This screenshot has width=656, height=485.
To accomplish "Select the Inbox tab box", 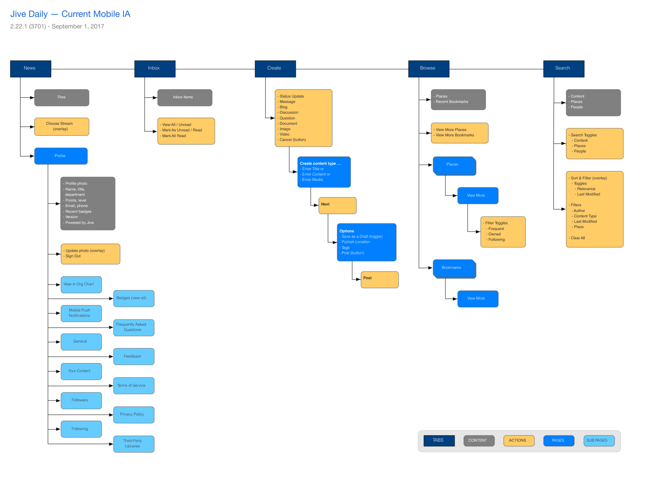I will (155, 69).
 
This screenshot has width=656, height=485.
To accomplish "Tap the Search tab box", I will (564, 69).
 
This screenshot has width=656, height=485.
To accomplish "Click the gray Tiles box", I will (61, 98).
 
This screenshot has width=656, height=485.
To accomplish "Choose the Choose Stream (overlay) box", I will (61, 126).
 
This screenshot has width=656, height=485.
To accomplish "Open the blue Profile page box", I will (61, 156).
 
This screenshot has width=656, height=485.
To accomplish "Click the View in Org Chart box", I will (81, 285).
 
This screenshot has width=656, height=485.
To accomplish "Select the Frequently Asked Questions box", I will (134, 328).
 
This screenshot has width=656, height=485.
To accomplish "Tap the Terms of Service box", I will (134, 386).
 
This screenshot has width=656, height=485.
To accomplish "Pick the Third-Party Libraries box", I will (134, 444).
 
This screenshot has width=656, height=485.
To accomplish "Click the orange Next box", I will (337, 205).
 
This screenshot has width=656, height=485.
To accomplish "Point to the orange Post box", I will (379, 280).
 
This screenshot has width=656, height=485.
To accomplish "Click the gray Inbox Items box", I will (185, 98).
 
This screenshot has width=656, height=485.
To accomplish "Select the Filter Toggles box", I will (503, 232).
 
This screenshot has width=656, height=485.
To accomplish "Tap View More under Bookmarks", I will (478, 299).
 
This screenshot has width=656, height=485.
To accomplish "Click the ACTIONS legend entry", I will (519, 440).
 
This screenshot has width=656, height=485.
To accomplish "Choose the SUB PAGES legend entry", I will (598, 440).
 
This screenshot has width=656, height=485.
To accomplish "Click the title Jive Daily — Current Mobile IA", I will (70, 14).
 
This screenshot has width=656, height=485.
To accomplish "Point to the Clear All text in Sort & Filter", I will (578, 238).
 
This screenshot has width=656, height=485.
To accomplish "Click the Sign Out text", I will (73, 256).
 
